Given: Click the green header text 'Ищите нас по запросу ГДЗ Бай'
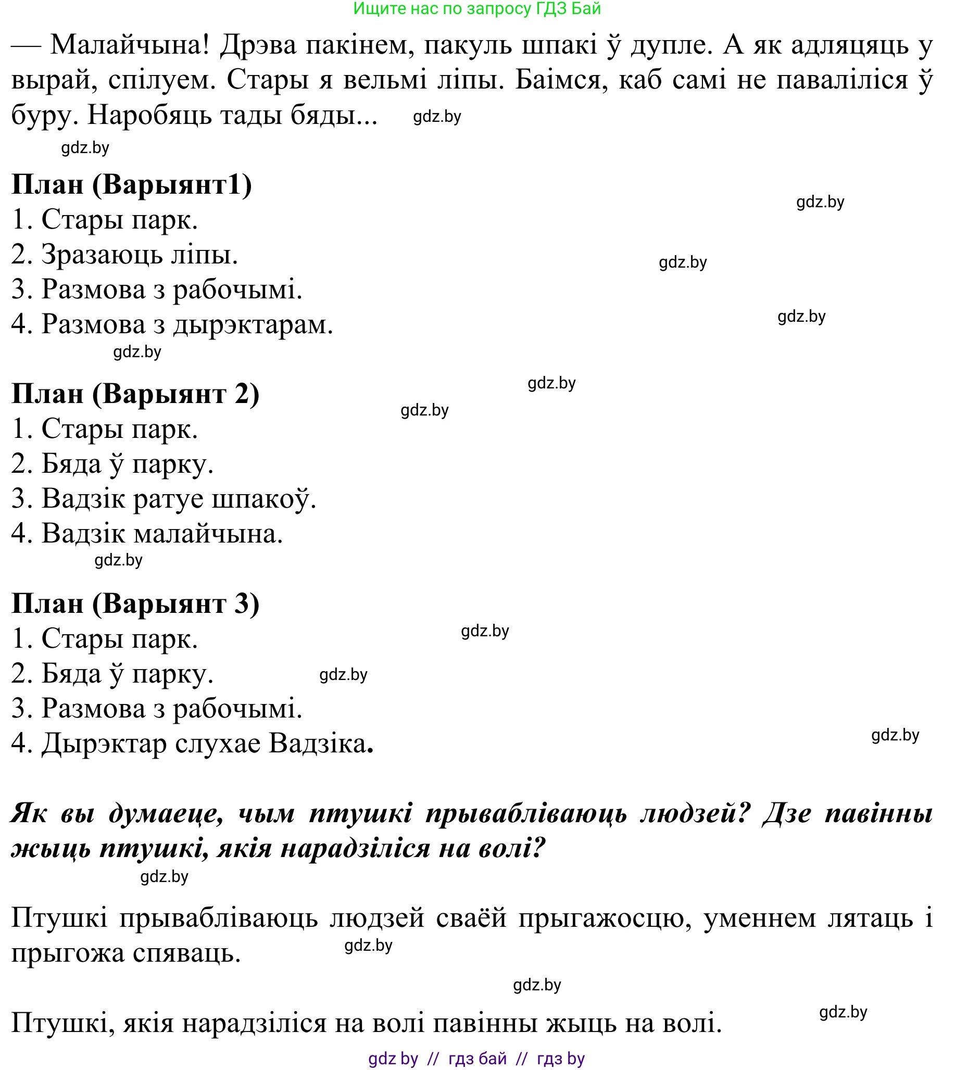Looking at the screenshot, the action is pyautogui.click(x=477, y=9).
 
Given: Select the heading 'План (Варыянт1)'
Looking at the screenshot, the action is pyautogui.click(x=132, y=185).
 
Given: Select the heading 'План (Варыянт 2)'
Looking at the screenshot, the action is pyautogui.click(x=135, y=394).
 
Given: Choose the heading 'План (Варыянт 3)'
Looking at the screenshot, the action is pyautogui.click(x=135, y=603).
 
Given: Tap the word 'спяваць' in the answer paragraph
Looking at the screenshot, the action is pyautogui.click(x=186, y=953).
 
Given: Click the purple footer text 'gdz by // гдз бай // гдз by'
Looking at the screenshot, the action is pyautogui.click(x=476, y=1059).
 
